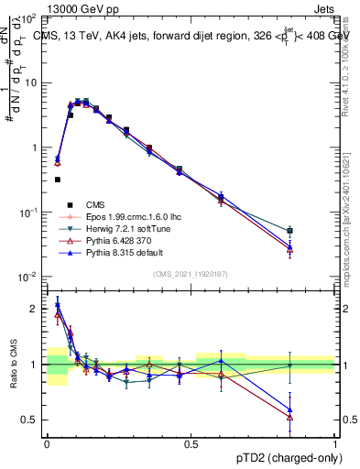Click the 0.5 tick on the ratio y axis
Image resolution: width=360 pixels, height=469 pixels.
[31, 420]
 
